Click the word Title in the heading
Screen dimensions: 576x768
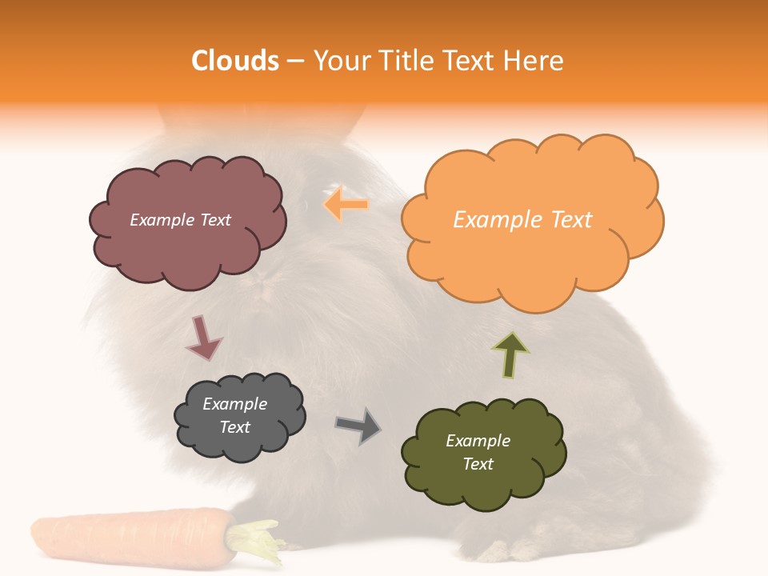pos(406,61)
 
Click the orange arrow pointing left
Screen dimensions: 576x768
pos(346,205)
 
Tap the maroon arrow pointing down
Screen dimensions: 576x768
pos(202,338)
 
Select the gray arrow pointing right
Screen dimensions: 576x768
pos(358,426)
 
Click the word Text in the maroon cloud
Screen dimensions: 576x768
pos(214,220)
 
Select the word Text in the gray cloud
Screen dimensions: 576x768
pos(235,427)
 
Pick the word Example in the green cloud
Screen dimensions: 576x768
pos(478,441)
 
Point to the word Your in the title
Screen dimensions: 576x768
pos(338,61)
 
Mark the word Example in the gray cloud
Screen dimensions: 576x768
pos(235,404)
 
